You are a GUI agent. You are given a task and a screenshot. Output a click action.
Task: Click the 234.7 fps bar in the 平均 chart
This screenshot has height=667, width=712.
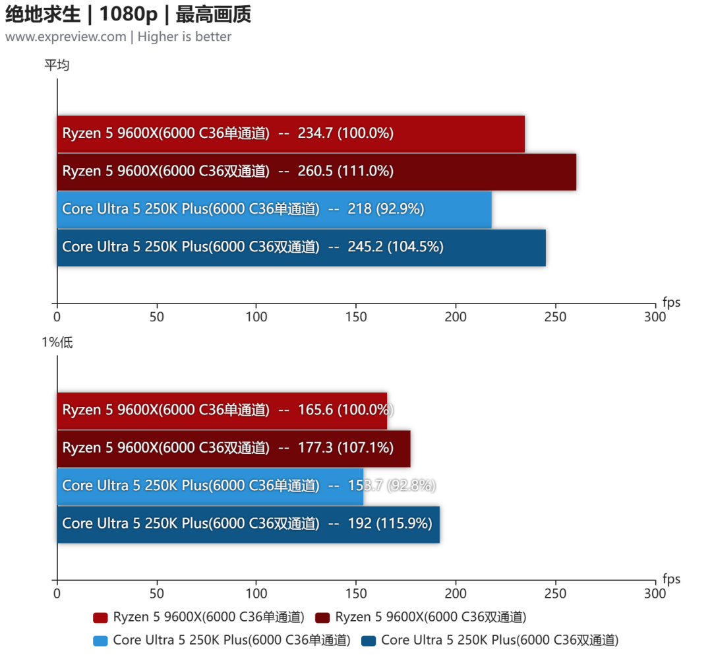point(291,134)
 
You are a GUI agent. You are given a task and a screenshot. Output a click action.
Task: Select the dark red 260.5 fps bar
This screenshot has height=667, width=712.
point(316,172)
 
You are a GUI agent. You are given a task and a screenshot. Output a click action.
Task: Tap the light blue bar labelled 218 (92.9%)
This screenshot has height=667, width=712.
point(274,209)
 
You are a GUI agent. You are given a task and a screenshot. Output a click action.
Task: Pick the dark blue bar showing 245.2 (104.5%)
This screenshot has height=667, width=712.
point(301,247)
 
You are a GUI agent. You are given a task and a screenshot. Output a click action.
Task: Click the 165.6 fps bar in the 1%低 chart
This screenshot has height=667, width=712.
point(222,411)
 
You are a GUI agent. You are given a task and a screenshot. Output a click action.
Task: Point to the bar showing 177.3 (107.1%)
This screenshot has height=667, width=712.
point(234,449)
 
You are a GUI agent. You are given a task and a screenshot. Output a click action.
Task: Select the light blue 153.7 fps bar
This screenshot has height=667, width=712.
point(210,487)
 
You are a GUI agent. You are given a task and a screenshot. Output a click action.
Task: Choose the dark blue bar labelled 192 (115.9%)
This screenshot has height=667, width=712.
point(249,524)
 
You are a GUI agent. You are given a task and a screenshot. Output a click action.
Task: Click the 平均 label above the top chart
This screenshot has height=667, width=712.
point(57,65)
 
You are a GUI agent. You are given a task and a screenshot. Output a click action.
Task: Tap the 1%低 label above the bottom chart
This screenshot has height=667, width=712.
point(57,342)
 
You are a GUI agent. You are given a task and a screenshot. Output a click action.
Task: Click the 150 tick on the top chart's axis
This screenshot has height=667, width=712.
point(356,317)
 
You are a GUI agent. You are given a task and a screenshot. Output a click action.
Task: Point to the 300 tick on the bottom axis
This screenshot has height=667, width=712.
point(655,593)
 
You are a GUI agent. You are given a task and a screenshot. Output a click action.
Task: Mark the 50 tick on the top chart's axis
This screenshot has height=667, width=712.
point(157,317)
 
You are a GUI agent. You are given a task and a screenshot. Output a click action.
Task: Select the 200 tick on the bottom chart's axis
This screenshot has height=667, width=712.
point(456,593)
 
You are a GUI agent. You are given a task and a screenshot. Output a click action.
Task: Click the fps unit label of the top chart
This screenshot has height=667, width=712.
point(671,302)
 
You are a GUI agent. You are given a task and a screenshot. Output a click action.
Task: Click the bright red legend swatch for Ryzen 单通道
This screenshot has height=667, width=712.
point(100,618)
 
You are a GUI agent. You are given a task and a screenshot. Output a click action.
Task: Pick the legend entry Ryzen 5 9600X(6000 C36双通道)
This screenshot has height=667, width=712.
point(421,617)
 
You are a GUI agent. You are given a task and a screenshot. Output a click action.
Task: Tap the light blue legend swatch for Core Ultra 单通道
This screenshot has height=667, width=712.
point(100,641)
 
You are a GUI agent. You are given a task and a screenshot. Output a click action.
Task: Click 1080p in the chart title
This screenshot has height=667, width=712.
point(129,14)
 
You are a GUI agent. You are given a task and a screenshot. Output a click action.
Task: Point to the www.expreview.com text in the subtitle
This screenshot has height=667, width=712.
point(66,37)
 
